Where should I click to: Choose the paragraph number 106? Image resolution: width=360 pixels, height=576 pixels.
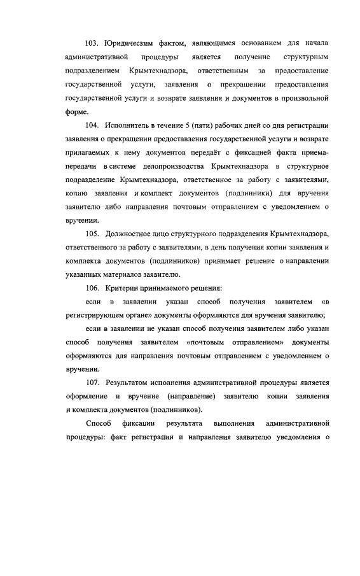[x=93, y=289]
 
